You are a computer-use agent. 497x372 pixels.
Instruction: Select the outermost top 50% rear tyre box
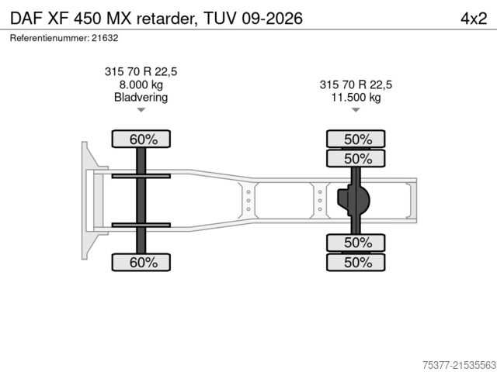[x=356, y=139]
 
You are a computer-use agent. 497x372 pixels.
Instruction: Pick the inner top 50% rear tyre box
[x=356, y=159]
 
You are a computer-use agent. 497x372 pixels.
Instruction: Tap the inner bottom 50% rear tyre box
[x=356, y=243]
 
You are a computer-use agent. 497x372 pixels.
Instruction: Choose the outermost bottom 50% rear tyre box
[x=356, y=263]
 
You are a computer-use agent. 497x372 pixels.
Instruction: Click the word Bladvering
[x=141, y=98]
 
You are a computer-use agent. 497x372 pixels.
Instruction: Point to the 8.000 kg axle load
[x=141, y=84]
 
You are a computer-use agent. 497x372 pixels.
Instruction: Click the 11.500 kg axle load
[x=356, y=98]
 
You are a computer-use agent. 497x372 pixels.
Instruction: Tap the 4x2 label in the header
[x=469, y=17]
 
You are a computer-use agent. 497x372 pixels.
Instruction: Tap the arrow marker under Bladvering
[x=141, y=111]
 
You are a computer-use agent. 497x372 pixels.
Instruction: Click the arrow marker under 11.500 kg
[x=356, y=111]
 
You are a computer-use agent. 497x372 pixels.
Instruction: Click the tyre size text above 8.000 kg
[x=141, y=71]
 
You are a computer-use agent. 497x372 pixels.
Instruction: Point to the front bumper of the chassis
[x=85, y=201]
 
